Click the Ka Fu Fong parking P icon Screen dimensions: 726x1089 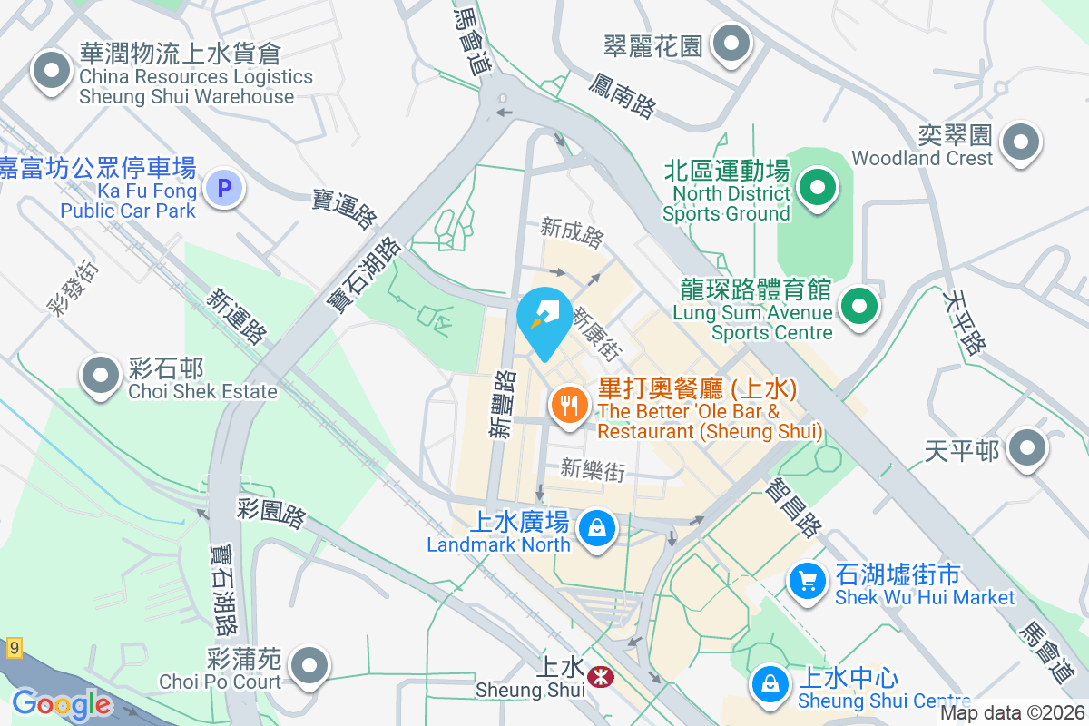[x=223, y=189]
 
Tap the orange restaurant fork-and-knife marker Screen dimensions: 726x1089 [x=569, y=404]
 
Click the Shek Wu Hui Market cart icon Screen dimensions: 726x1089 [x=806, y=580]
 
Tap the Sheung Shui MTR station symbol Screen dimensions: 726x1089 [x=599, y=676]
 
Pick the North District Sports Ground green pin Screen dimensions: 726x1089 [x=817, y=188]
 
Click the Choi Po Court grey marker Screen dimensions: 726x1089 [x=310, y=664]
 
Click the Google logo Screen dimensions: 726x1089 [x=61, y=704]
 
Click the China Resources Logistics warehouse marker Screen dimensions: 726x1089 [x=51, y=71]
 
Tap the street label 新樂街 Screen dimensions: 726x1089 [x=593, y=469]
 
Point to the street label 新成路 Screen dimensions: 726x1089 [x=572, y=232]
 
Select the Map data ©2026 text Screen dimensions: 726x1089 [x=1012, y=713]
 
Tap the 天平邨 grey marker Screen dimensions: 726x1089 [x=1027, y=447]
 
